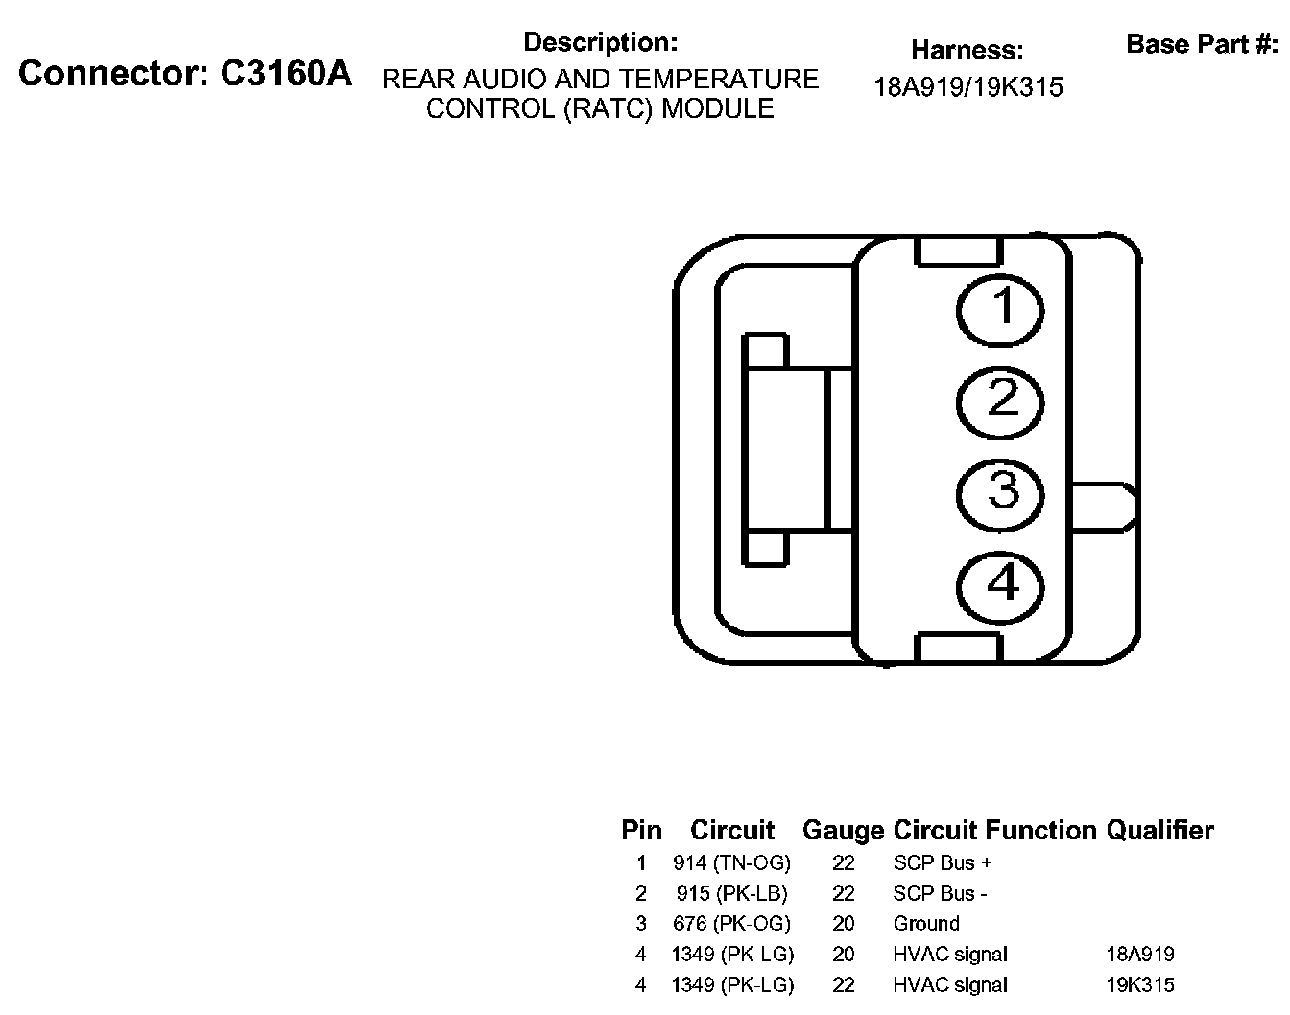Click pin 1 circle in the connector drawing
[1002, 309]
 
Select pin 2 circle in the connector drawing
[1002, 400]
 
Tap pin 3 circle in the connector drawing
[1002, 492]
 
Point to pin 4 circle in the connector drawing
[1002, 583]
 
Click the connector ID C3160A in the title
[286, 74]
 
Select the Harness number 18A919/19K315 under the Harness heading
[967, 87]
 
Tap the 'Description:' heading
[601, 42]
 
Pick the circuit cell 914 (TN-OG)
[731, 862]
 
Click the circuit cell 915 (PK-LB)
[731, 893]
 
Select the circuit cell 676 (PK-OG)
[731, 923]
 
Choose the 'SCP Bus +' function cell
[943, 862]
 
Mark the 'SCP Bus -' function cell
[940, 893]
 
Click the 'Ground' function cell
[926, 923]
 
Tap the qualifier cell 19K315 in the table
[1140, 984]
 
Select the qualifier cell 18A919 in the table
[1140, 954]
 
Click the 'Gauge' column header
[843, 830]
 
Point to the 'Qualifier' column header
[1159, 830]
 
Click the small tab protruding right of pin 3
[1104, 507]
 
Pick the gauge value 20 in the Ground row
[844, 923]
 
